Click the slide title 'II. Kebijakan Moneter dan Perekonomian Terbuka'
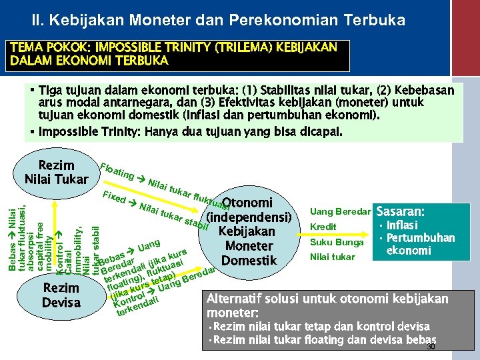click(220, 21)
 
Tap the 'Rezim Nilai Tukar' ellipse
click(56, 172)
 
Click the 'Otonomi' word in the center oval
click(247, 203)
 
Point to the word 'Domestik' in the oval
click(249, 260)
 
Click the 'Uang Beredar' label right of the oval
click(340, 211)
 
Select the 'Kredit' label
click(323, 227)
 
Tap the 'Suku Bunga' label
click(337, 242)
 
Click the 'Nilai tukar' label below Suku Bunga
click(333, 257)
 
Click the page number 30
click(430, 347)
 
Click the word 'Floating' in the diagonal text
click(117, 171)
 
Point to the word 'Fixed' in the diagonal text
click(113, 198)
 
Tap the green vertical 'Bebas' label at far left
click(13, 230)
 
